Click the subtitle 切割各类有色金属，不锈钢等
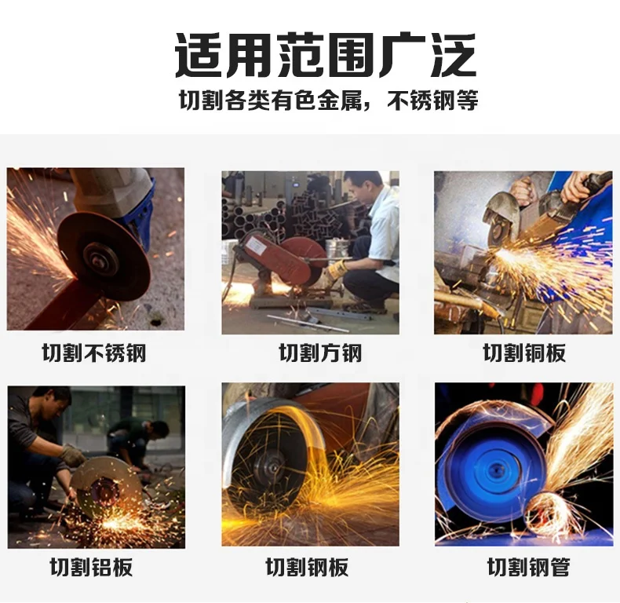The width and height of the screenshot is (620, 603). click(328, 101)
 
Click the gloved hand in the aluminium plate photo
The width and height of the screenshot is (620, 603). click(75, 455)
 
